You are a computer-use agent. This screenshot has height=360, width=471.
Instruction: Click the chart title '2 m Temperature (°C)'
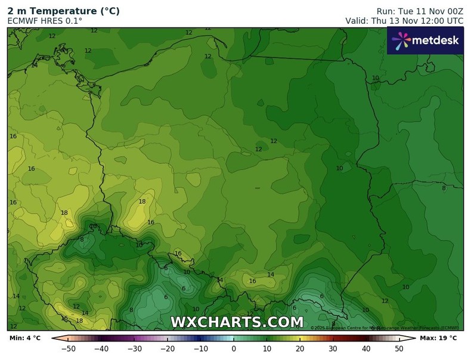coord(63,11)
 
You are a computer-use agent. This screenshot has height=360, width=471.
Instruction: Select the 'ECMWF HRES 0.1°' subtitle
coord(45,21)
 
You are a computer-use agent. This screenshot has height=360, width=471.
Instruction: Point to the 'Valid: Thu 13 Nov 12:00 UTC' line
coord(404,21)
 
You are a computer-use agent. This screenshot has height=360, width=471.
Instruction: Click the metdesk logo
coord(424,41)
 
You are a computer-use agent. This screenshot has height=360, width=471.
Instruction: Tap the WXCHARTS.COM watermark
coord(237,322)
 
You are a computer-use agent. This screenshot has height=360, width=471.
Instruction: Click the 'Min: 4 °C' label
coord(25,339)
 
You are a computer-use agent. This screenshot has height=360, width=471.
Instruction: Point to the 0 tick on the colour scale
coord(234,349)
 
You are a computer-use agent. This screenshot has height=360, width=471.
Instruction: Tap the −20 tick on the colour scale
coord(167,349)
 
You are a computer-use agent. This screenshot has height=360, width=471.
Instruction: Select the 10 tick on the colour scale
coord(267,349)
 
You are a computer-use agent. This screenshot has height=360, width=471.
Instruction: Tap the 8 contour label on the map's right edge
coord(444,188)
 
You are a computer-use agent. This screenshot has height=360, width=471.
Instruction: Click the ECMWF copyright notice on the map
coord(385,328)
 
